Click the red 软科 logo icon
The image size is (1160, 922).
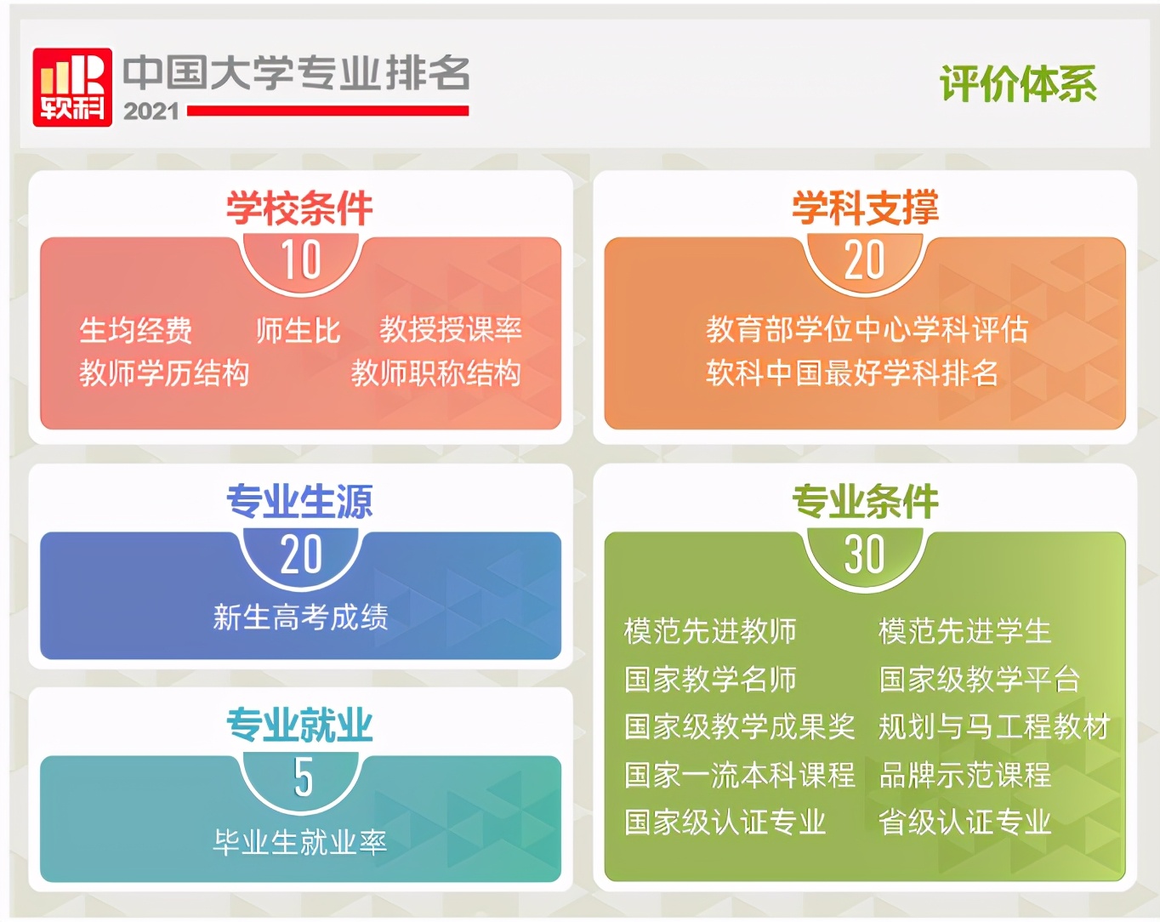(72, 87)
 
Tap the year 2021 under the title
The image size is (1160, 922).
(151, 111)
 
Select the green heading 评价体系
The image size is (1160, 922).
(1018, 84)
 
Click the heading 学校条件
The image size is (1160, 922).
(299, 208)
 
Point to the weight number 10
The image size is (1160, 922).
(301, 260)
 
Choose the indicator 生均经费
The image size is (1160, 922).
(136, 330)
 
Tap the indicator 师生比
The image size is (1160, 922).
(298, 330)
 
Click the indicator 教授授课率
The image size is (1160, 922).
(451, 330)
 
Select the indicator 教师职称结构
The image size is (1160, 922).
(435, 373)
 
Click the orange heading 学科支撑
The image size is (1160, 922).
(865, 208)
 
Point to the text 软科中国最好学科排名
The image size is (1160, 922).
(852, 373)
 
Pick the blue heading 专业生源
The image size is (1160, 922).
(299, 502)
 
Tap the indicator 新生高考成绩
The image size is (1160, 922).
(300, 617)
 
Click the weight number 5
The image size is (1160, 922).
(303, 777)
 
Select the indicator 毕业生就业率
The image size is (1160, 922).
(300, 842)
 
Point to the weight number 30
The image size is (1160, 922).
(864, 555)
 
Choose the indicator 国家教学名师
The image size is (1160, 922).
(710, 680)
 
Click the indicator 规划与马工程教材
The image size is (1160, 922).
(994, 727)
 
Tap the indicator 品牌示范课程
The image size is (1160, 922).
(965, 775)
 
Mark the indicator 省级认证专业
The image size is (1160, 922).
(965, 822)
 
